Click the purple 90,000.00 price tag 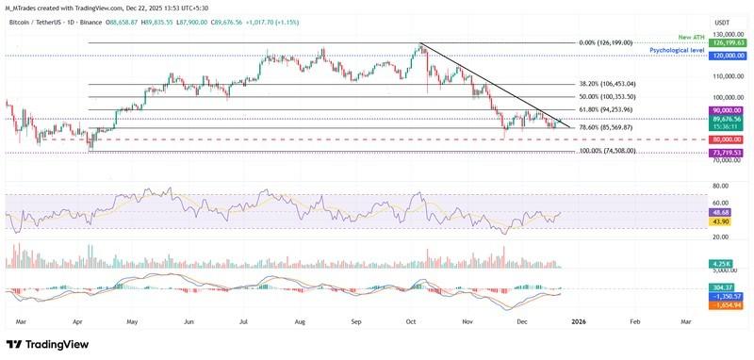(x=729, y=110)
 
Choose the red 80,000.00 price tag (x=729, y=139)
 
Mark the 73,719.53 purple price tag (x=729, y=153)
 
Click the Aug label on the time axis (x=299, y=322)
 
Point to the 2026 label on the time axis (x=579, y=322)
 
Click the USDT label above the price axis (x=723, y=23)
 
